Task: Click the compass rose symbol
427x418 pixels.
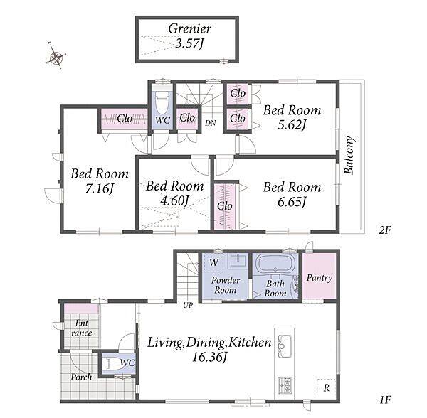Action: (x=56, y=56)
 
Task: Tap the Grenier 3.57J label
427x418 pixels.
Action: (x=189, y=36)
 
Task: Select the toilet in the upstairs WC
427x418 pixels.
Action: (x=162, y=102)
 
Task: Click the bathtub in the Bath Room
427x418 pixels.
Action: (x=275, y=263)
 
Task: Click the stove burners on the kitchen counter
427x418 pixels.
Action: (x=285, y=385)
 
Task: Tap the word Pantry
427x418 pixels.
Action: (x=320, y=278)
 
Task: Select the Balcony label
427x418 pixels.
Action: (x=349, y=155)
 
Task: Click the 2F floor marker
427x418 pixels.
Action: (x=384, y=230)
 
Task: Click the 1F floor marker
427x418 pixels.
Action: (x=385, y=400)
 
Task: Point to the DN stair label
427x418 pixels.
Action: (x=210, y=123)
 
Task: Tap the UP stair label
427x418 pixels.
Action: (x=188, y=305)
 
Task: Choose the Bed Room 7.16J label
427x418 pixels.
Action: (x=100, y=181)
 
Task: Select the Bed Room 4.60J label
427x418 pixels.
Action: (x=174, y=193)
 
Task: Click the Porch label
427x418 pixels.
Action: (x=81, y=377)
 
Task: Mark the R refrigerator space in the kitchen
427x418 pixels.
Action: (x=326, y=387)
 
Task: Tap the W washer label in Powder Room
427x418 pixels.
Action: (x=213, y=262)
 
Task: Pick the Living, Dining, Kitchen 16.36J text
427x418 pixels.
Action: (x=209, y=350)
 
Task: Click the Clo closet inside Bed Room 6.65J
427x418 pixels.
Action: (x=225, y=206)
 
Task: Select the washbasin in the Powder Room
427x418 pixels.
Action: (x=237, y=260)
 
